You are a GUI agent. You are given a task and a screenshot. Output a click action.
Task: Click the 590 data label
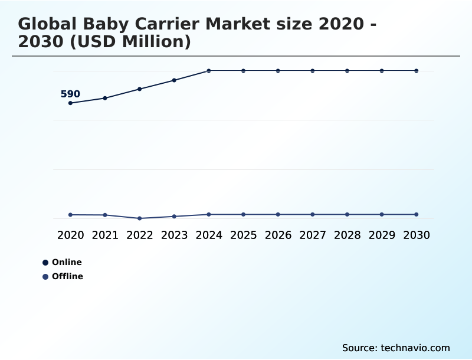point(70,94)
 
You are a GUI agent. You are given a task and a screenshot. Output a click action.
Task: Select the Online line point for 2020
point(70,103)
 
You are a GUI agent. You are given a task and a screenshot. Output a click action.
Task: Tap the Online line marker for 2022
point(140,89)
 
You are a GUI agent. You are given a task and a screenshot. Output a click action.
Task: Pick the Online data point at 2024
point(209,71)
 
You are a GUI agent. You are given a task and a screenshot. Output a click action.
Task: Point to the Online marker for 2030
point(417,71)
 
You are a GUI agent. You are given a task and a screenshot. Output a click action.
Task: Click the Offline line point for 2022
point(140,218)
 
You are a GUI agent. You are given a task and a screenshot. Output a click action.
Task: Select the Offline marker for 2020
point(70,215)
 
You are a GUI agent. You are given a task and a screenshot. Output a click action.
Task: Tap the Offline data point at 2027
point(313,214)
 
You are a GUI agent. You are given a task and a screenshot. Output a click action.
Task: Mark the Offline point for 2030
point(417,214)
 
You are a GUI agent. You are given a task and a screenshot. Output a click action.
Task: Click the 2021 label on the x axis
point(105,235)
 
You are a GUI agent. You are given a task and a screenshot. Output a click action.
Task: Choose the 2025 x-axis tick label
point(244,235)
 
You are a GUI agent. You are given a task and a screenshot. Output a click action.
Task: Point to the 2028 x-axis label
point(348,235)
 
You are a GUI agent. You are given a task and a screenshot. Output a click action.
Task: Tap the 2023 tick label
point(175,235)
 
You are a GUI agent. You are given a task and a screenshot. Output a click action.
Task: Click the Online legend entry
point(66,263)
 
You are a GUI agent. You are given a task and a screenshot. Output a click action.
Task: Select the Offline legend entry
point(67,277)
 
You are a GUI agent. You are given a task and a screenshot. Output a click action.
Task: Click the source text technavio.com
point(415,348)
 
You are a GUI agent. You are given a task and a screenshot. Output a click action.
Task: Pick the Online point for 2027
point(313,71)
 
